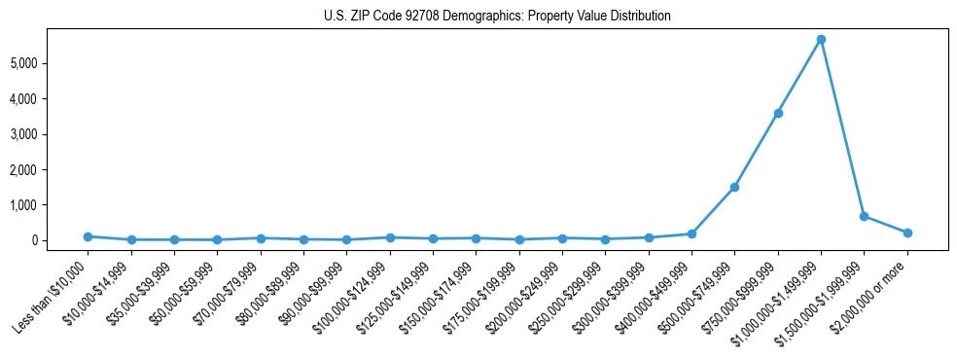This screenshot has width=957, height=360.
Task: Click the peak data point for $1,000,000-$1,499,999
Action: click(x=821, y=39)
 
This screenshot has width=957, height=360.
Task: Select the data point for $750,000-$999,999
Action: click(x=778, y=113)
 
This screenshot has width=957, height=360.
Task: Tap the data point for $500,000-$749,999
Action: click(x=734, y=187)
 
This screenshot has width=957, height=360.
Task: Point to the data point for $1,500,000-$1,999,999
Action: click(x=864, y=216)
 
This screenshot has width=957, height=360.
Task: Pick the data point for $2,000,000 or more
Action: click(x=907, y=233)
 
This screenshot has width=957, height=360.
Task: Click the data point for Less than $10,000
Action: click(x=88, y=236)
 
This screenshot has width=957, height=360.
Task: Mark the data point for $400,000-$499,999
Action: click(x=691, y=234)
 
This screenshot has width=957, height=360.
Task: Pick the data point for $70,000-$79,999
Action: click(x=261, y=237)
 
